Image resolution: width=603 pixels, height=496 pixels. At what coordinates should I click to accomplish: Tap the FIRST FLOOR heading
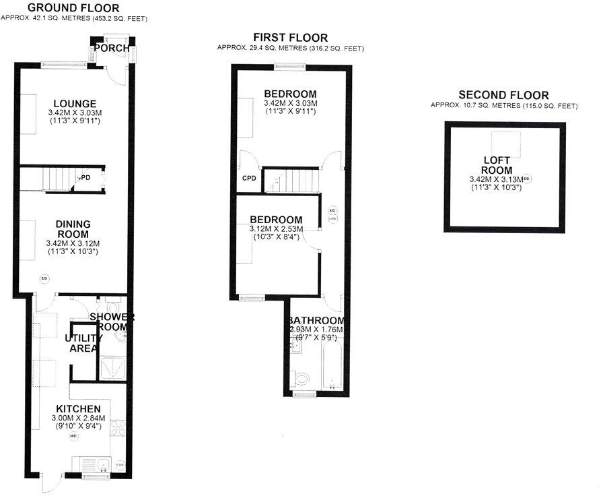point(290,38)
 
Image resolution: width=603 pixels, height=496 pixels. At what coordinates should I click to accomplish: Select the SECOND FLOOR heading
point(503,95)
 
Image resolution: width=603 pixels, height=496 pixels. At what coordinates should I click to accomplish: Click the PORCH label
point(108,49)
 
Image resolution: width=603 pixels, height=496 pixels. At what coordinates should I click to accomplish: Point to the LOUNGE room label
point(74,103)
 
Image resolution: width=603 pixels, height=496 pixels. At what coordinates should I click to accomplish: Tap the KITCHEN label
point(78,409)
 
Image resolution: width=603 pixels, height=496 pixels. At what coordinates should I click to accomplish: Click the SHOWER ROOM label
point(112,322)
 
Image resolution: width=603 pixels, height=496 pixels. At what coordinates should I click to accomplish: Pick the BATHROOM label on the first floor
point(316,321)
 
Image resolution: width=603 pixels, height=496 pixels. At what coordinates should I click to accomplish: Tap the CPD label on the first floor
point(248,179)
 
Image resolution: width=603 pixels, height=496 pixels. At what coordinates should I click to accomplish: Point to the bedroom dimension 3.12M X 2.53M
point(276,229)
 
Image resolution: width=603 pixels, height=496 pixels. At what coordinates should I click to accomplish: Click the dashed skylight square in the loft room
point(506,142)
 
